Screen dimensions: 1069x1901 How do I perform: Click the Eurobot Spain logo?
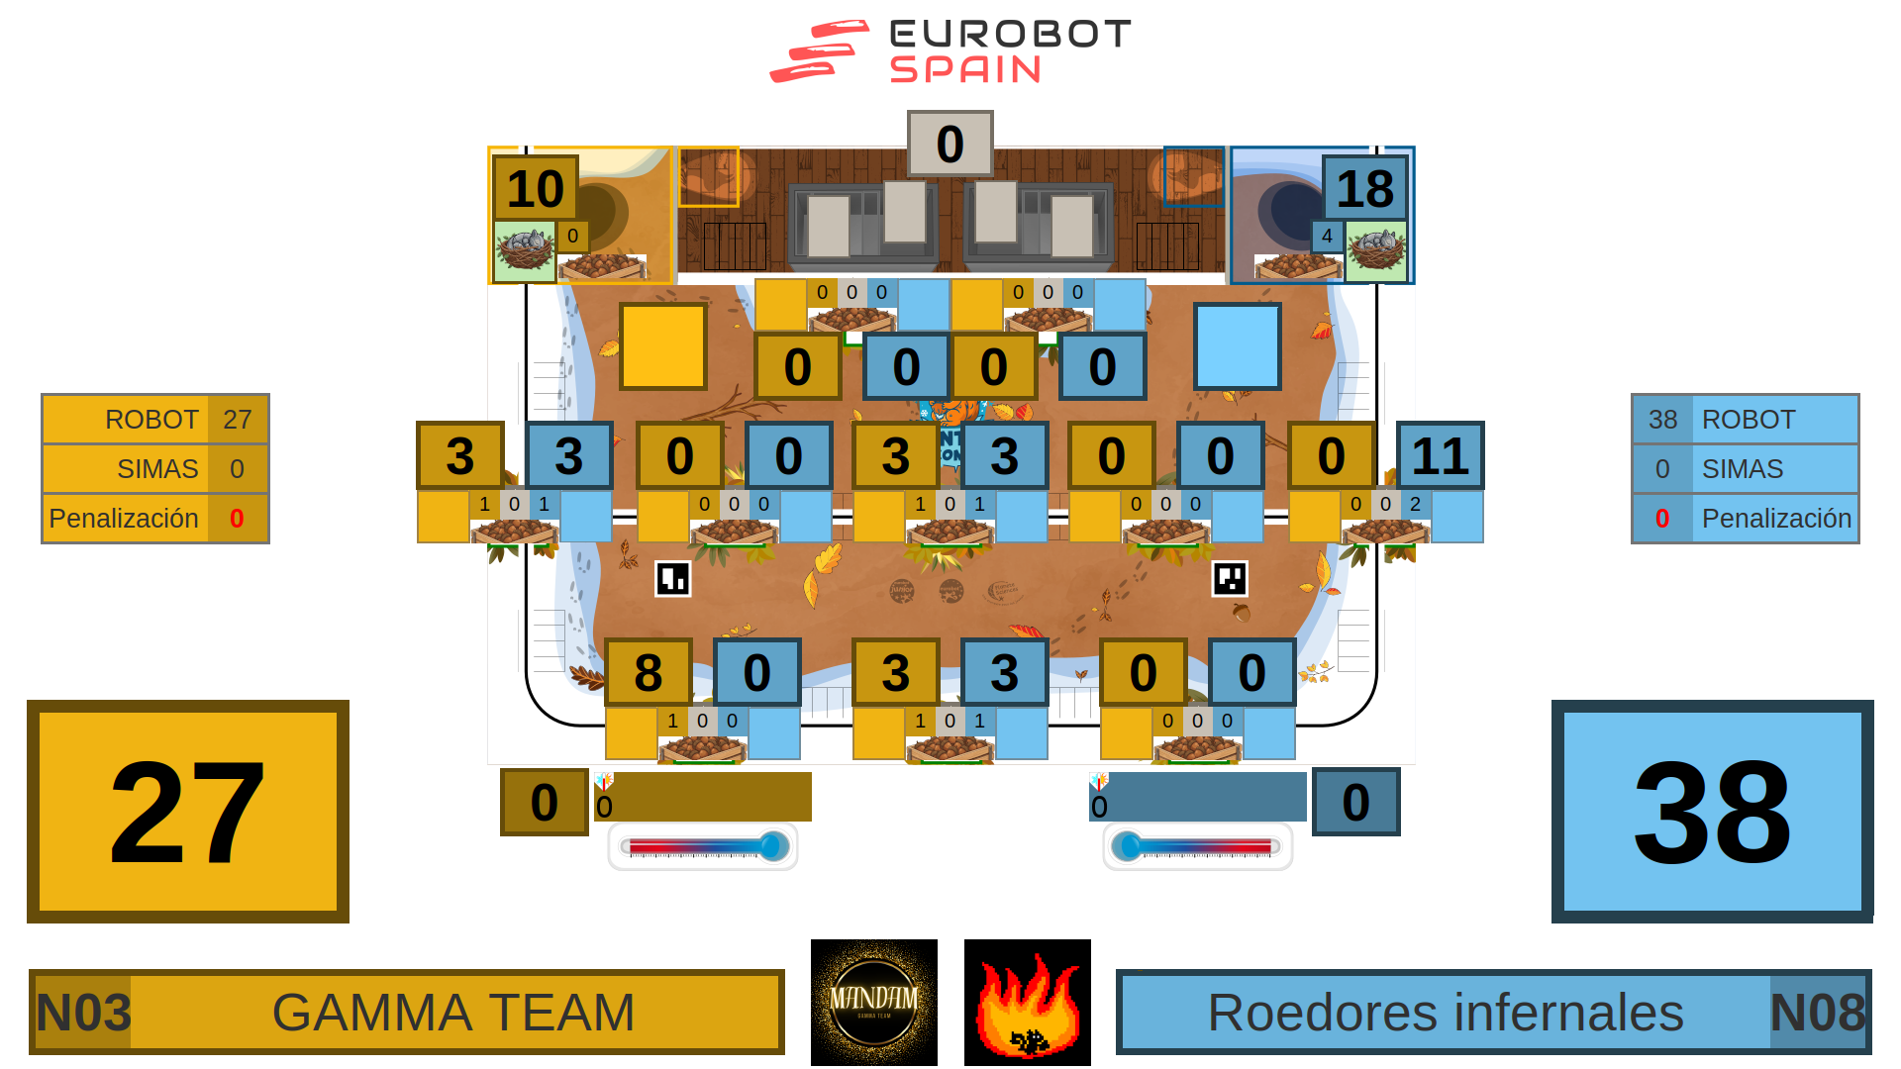[x=950, y=51]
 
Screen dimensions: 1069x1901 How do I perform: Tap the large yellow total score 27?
[x=188, y=812]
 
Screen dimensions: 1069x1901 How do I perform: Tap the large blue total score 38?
[x=1712, y=812]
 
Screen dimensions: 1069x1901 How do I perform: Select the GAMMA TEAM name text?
[x=453, y=1013]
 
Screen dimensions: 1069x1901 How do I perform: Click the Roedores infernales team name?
[x=1445, y=1013]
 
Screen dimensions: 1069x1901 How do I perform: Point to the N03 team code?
[x=83, y=1013]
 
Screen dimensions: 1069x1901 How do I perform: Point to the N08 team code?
[x=1817, y=1013]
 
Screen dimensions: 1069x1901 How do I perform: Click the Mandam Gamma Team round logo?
[x=874, y=1003]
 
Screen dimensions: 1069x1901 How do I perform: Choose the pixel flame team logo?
[x=1028, y=1003]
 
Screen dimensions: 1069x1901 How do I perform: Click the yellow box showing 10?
[x=535, y=188]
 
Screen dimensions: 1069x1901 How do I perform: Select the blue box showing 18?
[x=1364, y=188]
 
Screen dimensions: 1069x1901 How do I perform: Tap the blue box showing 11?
[x=1440, y=455]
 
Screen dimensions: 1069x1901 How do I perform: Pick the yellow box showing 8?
[x=648, y=672]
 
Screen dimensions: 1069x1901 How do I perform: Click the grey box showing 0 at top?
[x=950, y=144]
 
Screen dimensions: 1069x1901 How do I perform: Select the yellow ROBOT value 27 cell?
[x=237, y=420]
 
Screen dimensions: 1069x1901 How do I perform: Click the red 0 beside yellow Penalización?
[x=237, y=519]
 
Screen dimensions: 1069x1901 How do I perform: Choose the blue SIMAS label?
[x=1743, y=469]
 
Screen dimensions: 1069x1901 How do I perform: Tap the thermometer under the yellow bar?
[x=703, y=846]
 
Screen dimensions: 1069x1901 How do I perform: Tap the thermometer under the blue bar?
[x=1197, y=846]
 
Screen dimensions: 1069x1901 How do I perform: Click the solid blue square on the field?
[x=1237, y=346]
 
